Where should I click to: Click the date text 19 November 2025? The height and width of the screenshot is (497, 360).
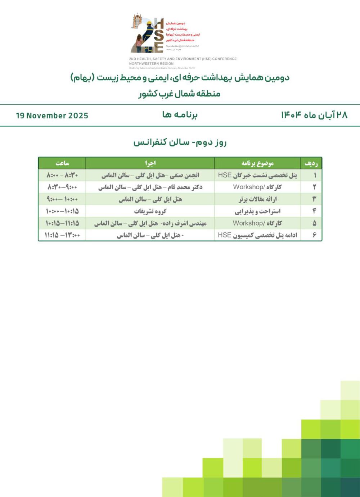(x=52, y=116)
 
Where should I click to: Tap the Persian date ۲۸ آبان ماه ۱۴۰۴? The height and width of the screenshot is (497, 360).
(x=314, y=115)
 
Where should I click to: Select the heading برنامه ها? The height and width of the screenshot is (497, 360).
(x=180, y=115)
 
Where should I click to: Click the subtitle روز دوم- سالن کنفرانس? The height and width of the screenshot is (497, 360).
(x=180, y=142)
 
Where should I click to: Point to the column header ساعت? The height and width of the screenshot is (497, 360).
(x=62, y=163)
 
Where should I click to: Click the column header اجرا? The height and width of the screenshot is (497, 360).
(x=150, y=163)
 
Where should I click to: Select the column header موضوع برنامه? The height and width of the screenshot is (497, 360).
(x=257, y=163)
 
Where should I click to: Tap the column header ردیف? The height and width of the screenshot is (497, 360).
(x=311, y=163)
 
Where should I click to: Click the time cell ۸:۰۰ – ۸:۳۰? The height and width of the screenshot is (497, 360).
(x=62, y=175)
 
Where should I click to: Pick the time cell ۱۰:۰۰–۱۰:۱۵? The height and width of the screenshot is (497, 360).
(x=62, y=211)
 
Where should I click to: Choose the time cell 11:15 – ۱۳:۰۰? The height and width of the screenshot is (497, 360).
(x=62, y=235)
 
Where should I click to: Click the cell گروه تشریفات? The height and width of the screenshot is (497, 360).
(x=150, y=211)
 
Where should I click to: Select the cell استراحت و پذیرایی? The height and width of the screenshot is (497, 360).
(x=257, y=211)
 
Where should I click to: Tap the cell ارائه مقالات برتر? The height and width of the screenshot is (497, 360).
(x=257, y=199)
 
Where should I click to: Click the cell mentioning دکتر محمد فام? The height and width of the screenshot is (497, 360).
(x=150, y=187)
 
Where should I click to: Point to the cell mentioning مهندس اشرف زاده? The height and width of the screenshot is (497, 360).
(x=150, y=223)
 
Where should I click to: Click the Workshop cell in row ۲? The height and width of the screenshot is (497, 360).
(x=257, y=187)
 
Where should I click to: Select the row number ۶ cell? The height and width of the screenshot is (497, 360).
(x=314, y=235)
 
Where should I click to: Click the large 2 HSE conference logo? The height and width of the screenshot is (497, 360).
(x=148, y=34)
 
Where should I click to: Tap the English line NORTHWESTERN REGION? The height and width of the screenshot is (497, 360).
(x=151, y=64)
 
